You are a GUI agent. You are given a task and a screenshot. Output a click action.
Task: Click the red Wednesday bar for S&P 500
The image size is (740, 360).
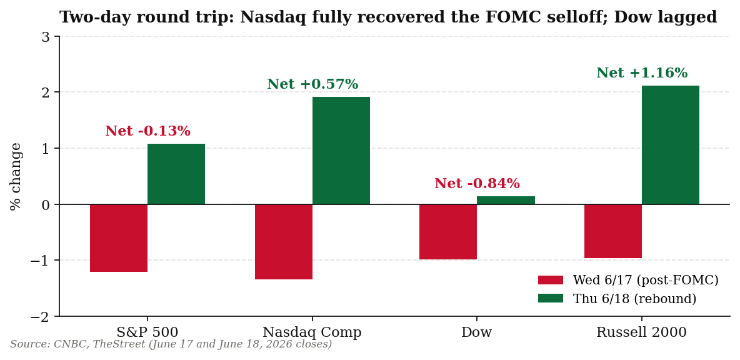(119, 237)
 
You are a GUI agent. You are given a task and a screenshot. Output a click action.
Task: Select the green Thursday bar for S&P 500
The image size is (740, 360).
(176, 174)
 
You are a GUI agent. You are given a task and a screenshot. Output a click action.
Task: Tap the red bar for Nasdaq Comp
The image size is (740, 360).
(284, 242)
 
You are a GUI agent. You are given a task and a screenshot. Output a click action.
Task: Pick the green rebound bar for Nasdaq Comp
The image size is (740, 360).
(341, 151)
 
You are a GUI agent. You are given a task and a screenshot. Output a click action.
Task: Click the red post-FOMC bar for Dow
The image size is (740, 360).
(448, 232)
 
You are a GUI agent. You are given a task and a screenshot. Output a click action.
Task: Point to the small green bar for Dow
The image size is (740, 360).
(506, 200)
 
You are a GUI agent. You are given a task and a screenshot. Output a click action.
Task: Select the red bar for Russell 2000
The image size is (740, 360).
(612, 231)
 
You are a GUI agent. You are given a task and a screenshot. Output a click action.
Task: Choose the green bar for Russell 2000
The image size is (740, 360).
(670, 145)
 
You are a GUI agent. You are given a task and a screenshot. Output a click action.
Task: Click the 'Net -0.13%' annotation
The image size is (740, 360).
(147, 131)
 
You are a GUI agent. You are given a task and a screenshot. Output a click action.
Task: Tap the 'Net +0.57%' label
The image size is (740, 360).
(312, 84)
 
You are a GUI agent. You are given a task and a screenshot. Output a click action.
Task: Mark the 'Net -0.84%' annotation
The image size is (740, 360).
(477, 184)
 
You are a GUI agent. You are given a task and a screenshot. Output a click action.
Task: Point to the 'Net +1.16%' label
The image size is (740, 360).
(642, 73)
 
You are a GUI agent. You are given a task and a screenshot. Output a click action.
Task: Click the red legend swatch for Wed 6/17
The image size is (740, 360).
(550, 280)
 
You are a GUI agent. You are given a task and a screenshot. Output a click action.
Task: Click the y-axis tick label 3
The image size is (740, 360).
(45, 36)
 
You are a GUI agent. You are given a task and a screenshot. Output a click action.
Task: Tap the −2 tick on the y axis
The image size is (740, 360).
(40, 317)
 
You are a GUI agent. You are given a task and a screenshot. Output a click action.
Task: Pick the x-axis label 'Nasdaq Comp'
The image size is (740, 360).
(312, 332)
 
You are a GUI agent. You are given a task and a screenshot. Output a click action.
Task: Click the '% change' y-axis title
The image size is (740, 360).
(16, 176)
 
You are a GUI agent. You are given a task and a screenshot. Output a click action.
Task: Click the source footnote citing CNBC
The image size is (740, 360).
(171, 344)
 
